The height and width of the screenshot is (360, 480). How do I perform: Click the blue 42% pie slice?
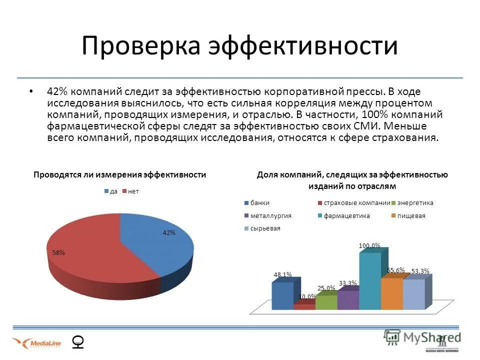pyautogui.click(x=160, y=245)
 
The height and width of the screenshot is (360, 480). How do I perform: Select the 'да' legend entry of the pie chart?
pyautogui.click(x=111, y=191)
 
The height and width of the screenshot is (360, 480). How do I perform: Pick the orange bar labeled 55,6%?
pyautogui.click(x=391, y=294)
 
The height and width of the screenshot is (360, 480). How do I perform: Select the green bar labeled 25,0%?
pyautogui.click(x=325, y=302)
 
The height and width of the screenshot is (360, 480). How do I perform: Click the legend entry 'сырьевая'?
pyautogui.click(x=265, y=228)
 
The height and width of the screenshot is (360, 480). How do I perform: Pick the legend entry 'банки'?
pyautogui.click(x=260, y=202)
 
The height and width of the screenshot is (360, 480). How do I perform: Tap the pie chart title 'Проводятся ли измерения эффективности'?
pyautogui.click(x=119, y=175)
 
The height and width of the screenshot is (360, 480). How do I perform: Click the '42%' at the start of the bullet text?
pyautogui.click(x=57, y=92)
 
